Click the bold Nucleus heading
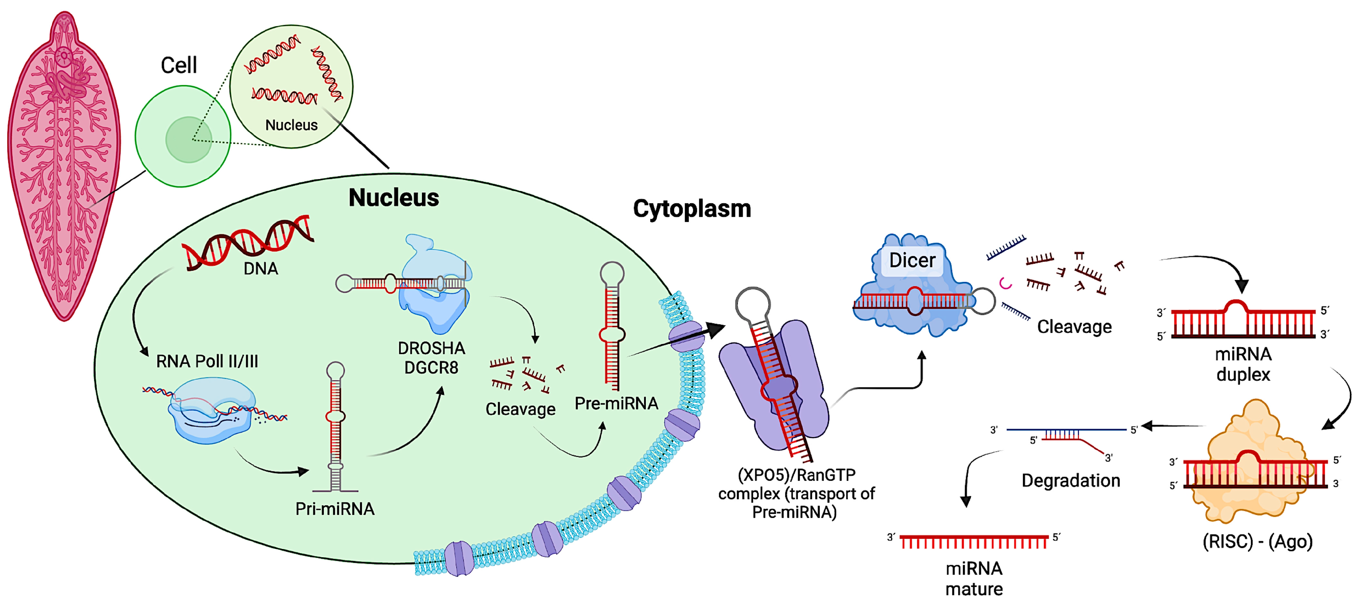point(393,198)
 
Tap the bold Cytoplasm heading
point(692,209)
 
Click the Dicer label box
point(912,260)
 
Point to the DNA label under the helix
point(261,269)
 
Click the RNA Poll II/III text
point(207,362)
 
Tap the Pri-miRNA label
point(335,509)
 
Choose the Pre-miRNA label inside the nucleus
point(616,404)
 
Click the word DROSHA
point(431,348)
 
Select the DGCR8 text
point(431,368)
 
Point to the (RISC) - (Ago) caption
point(1257,542)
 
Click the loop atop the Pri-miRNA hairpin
point(335,370)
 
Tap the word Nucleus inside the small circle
point(292,125)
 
